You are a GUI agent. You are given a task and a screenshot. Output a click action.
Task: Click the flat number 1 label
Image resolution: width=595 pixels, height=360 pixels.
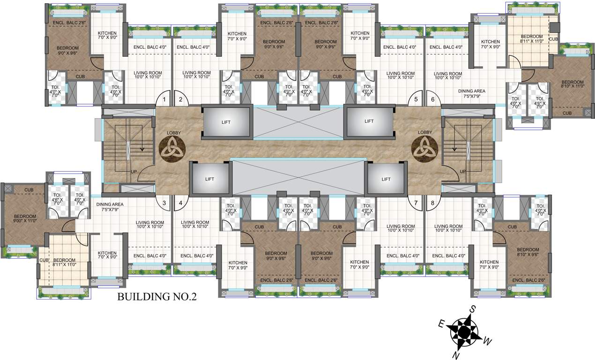[x=164, y=99]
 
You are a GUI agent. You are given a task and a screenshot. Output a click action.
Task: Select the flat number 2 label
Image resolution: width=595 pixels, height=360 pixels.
[x=180, y=99]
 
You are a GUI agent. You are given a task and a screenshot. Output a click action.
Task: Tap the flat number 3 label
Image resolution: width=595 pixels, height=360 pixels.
[x=164, y=203]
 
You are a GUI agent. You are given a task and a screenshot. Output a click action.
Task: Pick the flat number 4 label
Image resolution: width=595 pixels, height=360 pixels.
[x=180, y=203]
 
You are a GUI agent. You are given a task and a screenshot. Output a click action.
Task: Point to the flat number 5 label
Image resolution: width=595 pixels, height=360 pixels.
[x=416, y=99]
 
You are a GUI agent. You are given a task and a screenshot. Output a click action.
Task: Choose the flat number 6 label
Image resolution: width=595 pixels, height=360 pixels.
[x=432, y=99]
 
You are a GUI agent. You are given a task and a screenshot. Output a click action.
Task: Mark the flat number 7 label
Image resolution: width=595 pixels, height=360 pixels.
[x=416, y=203]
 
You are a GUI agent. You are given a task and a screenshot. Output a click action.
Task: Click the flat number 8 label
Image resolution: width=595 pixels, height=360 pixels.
[x=432, y=203]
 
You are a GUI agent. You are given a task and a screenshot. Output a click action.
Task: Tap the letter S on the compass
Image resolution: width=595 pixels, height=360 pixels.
[x=473, y=308]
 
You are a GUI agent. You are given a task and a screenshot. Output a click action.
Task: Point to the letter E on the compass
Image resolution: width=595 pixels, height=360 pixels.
[x=441, y=324]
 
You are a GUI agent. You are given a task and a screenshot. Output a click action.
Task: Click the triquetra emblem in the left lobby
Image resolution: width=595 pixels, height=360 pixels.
[x=172, y=149]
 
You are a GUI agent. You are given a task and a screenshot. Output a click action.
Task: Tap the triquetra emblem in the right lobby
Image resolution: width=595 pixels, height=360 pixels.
[x=424, y=149]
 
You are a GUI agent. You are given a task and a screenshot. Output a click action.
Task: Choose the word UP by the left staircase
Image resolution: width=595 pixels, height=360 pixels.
[x=134, y=172]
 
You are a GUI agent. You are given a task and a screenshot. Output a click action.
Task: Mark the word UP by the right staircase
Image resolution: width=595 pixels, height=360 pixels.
[x=463, y=172]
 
